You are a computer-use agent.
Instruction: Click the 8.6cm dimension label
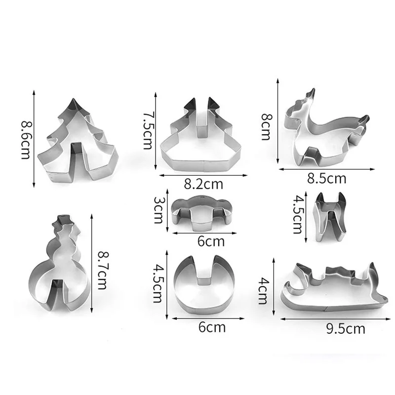coord(26,140)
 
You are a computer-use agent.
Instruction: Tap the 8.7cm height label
coord(102,270)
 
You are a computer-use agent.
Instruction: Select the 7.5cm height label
coord(148,130)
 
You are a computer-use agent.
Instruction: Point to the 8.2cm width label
coord(203,184)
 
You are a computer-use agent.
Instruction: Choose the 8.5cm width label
coord(326,179)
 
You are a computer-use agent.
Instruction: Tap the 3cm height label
coord(158,210)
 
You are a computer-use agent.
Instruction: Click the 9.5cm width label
coord(346,329)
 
